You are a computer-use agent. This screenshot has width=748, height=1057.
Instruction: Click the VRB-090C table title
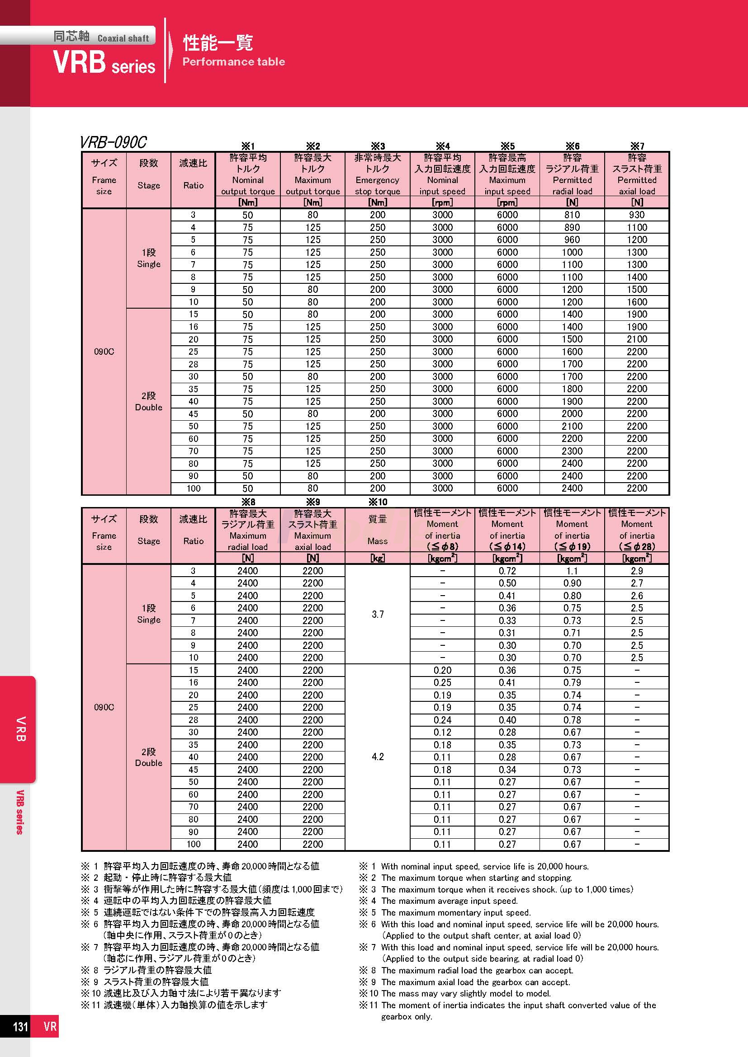(114, 142)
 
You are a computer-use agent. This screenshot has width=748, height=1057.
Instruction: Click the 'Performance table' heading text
(233, 62)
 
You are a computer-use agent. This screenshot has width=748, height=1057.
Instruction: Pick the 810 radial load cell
(572, 215)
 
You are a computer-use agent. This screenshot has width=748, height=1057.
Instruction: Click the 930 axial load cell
(637, 215)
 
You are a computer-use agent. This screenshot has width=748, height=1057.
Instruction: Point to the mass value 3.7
(377, 614)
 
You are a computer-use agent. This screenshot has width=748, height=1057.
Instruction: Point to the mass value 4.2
(377, 756)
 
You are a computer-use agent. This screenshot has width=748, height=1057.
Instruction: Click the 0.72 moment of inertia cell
(507, 571)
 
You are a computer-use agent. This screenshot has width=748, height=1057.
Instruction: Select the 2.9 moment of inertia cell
(637, 571)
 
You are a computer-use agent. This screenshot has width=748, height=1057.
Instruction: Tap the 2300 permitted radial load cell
(572, 451)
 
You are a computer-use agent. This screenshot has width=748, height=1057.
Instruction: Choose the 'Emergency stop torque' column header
(377, 180)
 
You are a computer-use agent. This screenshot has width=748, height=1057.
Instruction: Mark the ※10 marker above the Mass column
(377, 502)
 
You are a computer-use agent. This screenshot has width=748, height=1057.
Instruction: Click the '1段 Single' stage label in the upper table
(148, 258)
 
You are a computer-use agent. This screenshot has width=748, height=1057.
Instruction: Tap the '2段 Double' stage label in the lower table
(148, 757)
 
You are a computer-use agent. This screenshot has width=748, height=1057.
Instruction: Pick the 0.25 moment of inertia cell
(442, 682)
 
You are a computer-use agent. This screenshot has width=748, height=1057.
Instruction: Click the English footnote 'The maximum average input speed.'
(449, 901)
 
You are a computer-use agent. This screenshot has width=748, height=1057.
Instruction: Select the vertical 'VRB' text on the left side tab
(21, 729)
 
